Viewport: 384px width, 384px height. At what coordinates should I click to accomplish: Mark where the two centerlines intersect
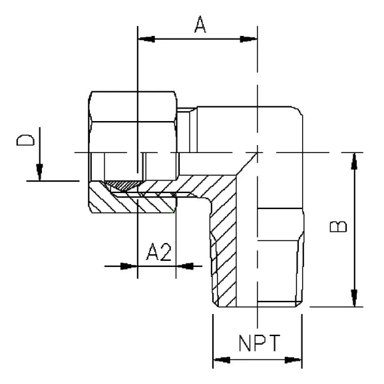coord(257,153)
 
